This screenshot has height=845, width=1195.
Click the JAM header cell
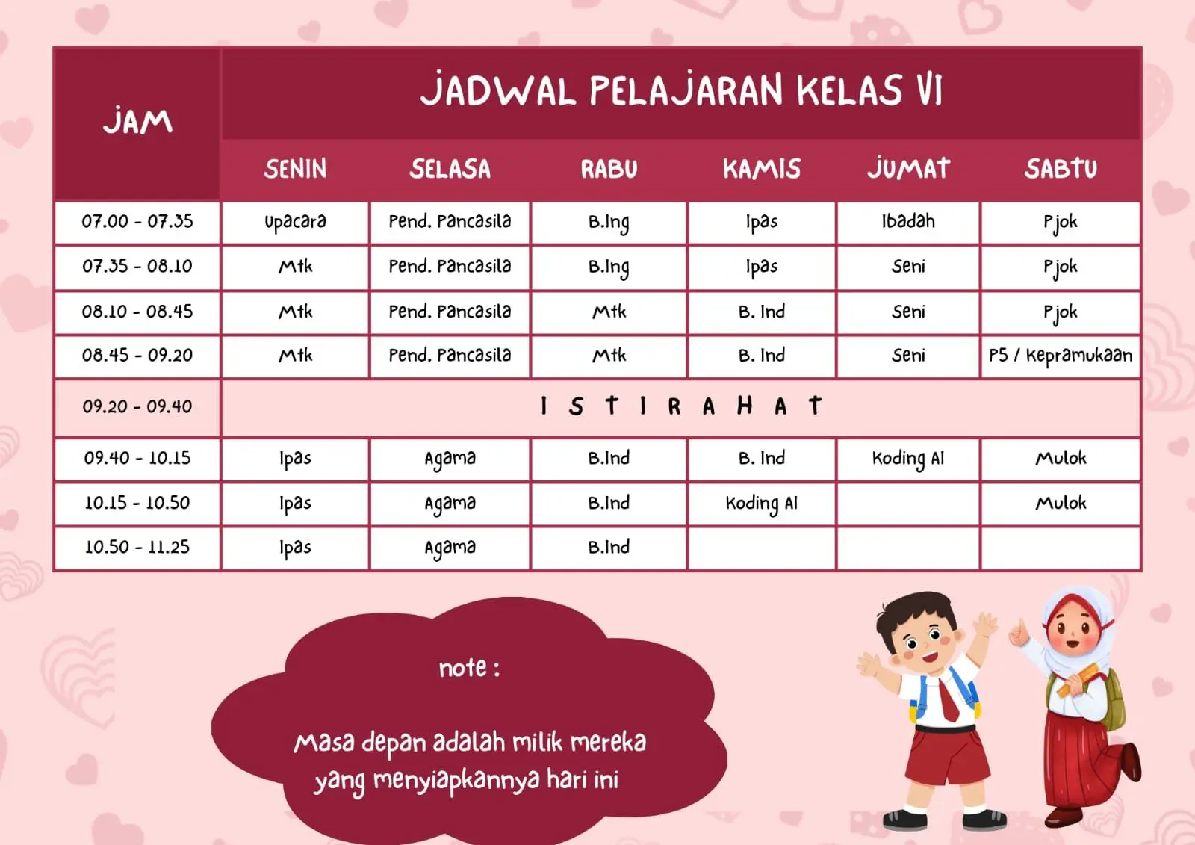[x=137, y=123]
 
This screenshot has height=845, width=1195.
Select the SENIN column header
[x=295, y=169]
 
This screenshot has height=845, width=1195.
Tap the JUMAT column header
[x=908, y=169]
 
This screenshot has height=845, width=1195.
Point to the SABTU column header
[x=1061, y=169]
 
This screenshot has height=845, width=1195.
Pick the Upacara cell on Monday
[x=295, y=222]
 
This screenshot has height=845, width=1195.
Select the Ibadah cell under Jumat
[x=908, y=221]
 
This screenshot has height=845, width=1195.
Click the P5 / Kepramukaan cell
[x=1061, y=356]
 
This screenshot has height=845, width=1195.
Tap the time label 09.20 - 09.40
[x=137, y=406]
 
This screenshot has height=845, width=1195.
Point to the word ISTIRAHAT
[x=680, y=406]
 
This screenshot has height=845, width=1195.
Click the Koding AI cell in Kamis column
[x=761, y=504]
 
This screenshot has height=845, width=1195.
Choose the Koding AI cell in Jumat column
[x=908, y=459]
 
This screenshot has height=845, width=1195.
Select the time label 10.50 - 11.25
[x=137, y=547]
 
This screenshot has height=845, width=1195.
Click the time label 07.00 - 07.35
[x=137, y=221]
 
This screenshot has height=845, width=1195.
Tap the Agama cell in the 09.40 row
[x=450, y=459]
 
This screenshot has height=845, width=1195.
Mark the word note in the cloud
[x=462, y=668]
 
